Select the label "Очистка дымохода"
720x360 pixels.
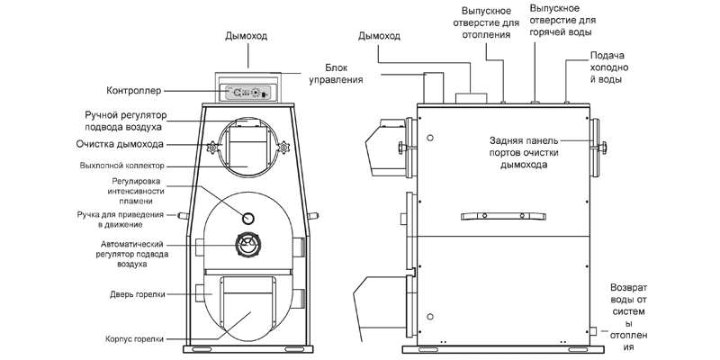[x=145, y=144]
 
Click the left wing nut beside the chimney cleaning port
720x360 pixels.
[x=212, y=147]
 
